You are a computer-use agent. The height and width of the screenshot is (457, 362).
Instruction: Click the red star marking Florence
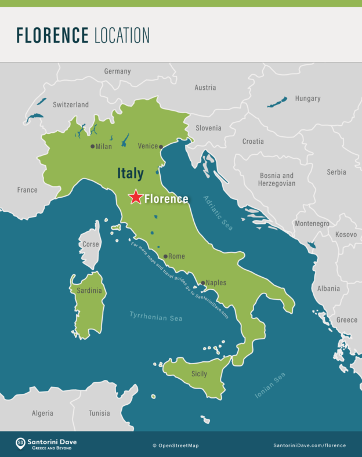click(135, 197)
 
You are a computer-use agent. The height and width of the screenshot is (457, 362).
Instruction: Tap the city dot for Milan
click(92, 146)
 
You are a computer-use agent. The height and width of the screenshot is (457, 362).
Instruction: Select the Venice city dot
click(161, 147)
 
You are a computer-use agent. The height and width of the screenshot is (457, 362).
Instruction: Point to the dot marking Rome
click(165, 256)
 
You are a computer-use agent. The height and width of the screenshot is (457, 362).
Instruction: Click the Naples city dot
click(202, 283)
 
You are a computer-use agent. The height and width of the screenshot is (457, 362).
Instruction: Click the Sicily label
click(199, 374)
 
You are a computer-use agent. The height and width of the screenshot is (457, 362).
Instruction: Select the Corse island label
click(91, 244)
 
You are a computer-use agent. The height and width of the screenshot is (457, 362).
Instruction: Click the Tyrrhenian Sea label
click(155, 317)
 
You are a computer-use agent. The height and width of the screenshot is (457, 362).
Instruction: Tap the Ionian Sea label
click(270, 386)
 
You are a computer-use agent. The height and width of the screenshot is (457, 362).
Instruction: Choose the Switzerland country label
click(71, 105)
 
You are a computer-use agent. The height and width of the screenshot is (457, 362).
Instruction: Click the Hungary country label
click(307, 99)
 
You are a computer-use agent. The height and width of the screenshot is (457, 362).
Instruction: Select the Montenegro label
click(312, 224)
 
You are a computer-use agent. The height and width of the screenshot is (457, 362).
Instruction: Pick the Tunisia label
click(99, 414)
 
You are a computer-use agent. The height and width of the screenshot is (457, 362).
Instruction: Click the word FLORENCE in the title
click(52, 36)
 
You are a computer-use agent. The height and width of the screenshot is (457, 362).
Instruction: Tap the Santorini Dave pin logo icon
click(20, 443)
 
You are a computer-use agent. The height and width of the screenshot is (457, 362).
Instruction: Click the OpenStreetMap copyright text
click(175, 445)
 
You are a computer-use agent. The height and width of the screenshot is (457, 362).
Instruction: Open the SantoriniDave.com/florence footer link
click(309, 445)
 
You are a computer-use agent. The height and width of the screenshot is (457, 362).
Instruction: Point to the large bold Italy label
click(130, 173)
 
